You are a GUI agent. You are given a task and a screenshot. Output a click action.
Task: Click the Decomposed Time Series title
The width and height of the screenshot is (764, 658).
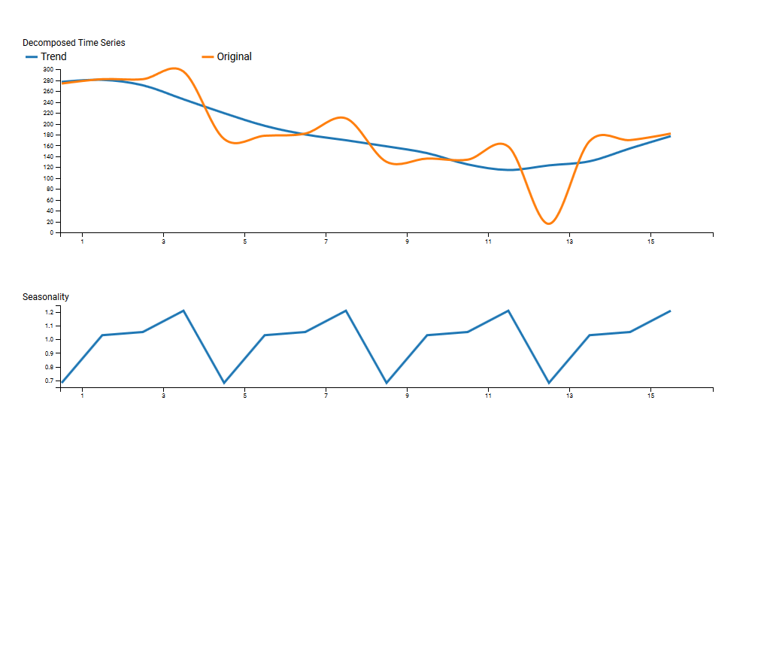click(74, 43)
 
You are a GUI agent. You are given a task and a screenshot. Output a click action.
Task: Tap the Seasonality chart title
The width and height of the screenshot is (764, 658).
click(45, 297)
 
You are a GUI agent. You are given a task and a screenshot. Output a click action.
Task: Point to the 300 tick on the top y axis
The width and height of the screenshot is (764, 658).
click(48, 70)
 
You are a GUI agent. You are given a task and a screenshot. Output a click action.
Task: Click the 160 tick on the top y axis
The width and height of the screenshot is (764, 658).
click(48, 146)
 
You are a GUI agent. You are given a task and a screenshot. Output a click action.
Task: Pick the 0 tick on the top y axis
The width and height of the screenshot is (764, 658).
click(51, 233)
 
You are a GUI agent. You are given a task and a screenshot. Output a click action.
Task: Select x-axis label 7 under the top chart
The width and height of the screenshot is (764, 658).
click(326, 241)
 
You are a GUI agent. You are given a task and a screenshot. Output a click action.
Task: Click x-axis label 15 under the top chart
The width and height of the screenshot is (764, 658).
click(651, 241)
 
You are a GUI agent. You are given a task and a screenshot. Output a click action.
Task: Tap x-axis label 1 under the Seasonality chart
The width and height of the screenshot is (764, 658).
click(82, 396)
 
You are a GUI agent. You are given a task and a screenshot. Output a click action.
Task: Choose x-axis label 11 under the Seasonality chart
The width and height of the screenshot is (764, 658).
click(488, 396)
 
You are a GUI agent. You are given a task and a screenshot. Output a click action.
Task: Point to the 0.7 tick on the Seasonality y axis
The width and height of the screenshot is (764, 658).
click(50, 381)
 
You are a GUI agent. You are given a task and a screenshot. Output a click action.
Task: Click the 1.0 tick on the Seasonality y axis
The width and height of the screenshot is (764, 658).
click(50, 339)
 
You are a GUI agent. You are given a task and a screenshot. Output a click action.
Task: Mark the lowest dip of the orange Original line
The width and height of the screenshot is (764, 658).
click(549, 223)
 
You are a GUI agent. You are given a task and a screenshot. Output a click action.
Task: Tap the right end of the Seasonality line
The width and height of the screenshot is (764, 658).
click(670, 311)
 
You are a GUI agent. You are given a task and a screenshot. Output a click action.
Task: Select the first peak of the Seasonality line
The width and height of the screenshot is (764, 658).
click(183, 311)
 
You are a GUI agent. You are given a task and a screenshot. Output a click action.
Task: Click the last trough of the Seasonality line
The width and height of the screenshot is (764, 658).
click(549, 383)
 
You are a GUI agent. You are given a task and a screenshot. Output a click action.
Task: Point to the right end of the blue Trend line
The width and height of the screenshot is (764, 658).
click(670, 136)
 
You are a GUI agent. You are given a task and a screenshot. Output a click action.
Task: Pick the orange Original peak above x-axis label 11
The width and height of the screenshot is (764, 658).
click(502, 144)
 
